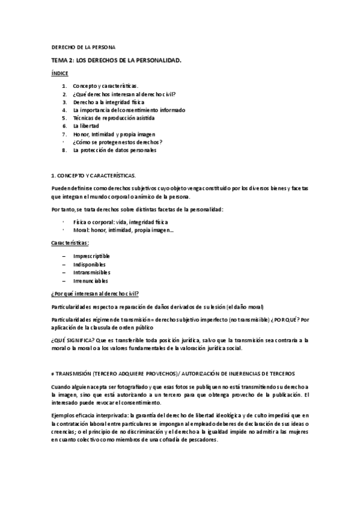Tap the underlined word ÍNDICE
(x=59, y=73)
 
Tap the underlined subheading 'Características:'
(x=70, y=243)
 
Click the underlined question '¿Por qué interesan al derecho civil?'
(x=95, y=293)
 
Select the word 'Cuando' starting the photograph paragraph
(x=61, y=387)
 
